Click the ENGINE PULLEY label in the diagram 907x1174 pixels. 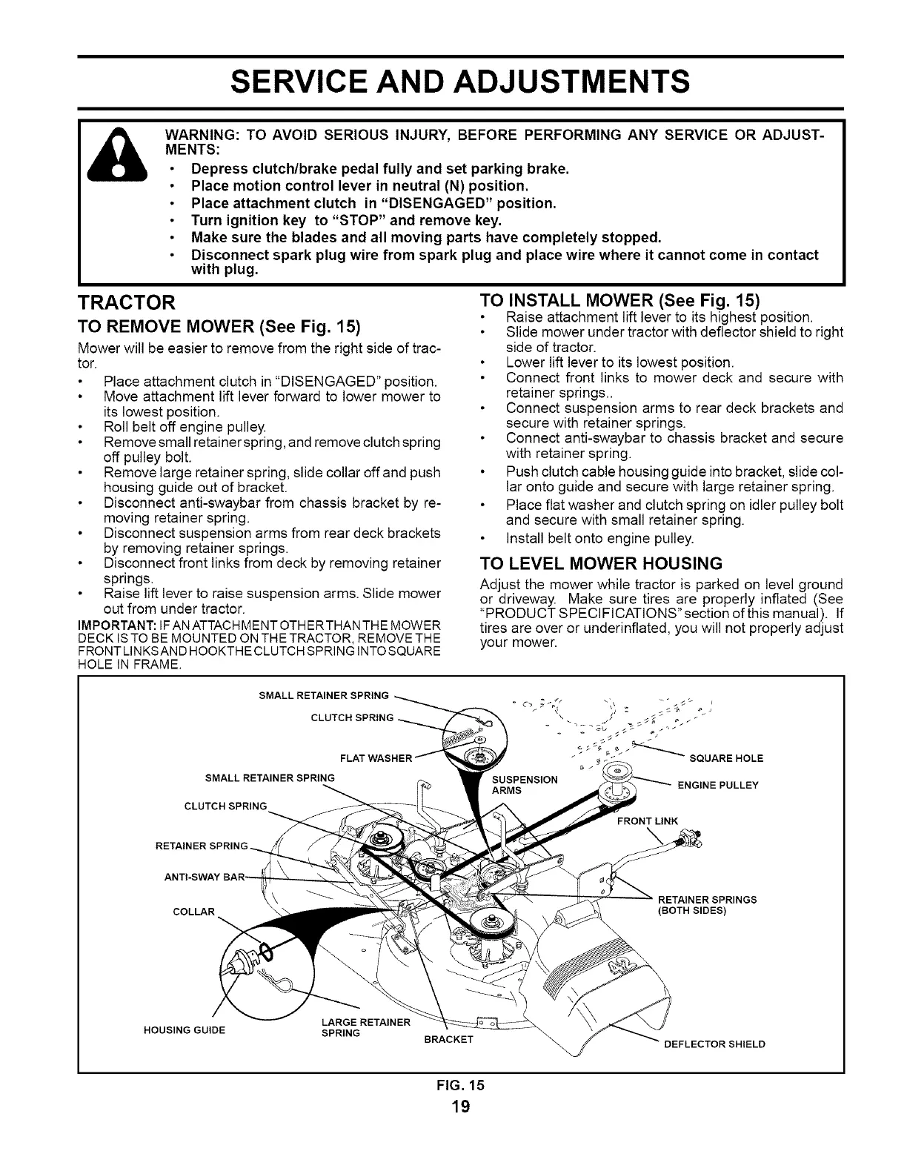coord(718,785)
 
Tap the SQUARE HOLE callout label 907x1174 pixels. coord(726,758)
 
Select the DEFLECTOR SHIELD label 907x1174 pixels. coord(714,1044)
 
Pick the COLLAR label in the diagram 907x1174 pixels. coord(193,911)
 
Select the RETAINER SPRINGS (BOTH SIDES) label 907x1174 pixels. coord(707,905)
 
